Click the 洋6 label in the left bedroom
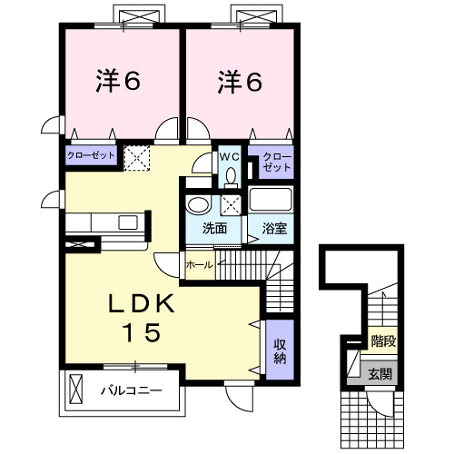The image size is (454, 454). click(119, 83)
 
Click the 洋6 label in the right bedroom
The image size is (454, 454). click(240, 83)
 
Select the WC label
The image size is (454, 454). click(228, 156)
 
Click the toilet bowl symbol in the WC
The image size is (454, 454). click(230, 173)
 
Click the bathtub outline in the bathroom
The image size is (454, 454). click(272, 201)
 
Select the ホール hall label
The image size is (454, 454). click(199, 265)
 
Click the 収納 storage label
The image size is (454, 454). click(281, 350)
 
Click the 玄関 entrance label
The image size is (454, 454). click(380, 371)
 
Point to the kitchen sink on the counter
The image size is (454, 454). click(125, 222)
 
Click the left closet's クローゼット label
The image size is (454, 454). click(91, 156)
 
